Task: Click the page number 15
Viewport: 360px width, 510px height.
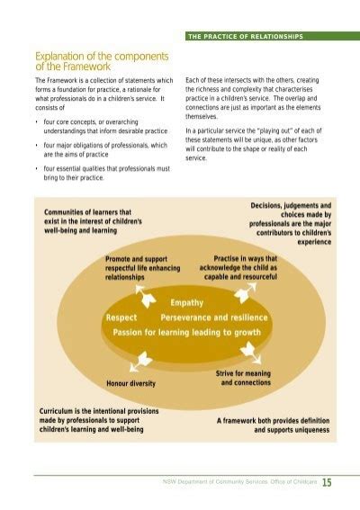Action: click(x=327, y=482)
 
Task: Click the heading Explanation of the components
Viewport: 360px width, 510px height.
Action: click(x=102, y=60)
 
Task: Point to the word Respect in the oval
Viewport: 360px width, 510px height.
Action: click(x=121, y=318)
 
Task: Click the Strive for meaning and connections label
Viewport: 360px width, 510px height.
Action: click(x=243, y=378)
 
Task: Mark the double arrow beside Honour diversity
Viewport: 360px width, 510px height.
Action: click(x=139, y=362)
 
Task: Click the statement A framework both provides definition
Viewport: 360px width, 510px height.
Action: click(x=273, y=425)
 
